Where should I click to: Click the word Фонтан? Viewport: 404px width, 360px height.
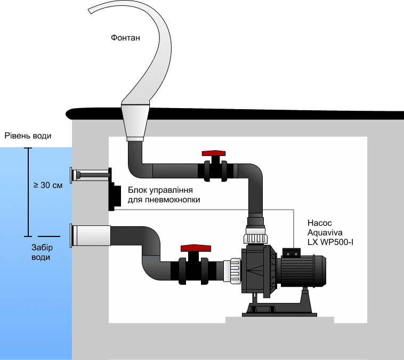click(x=126, y=38)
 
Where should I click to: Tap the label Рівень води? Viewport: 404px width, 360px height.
click(x=28, y=136)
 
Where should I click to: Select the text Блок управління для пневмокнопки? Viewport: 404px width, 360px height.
click(x=160, y=195)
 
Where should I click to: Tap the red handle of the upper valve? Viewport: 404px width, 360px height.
click(x=215, y=153)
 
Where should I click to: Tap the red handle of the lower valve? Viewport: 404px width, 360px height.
click(x=193, y=248)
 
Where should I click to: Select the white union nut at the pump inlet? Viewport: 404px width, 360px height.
click(x=233, y=271)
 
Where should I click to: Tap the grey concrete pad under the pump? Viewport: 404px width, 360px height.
click(x=280, y=320)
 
